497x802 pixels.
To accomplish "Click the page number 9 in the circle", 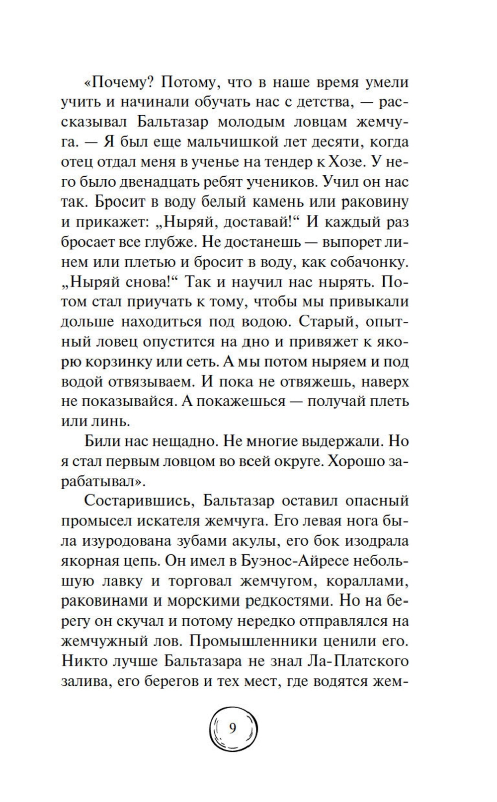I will (233, 729).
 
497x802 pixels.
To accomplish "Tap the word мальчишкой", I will (237, 142).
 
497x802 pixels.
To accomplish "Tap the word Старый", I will (328, 321).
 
